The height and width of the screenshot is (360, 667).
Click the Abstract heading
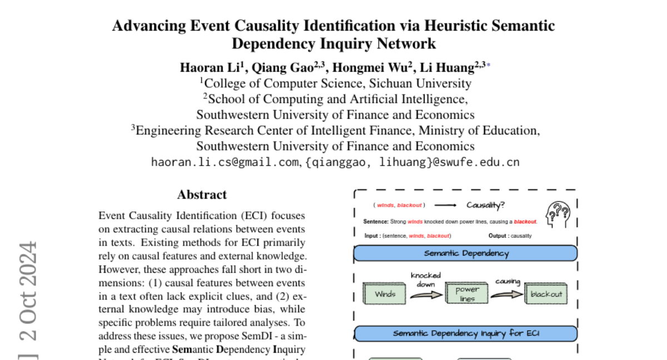(202, 195)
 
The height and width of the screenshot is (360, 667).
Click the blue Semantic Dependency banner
(466, 253)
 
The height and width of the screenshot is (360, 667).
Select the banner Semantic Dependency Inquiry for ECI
(466, 333)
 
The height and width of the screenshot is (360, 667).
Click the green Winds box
(385, 294)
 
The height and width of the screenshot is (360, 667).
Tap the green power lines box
(467, 294)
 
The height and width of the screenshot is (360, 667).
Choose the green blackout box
(546, 294)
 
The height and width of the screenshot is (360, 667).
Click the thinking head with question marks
(558, 214)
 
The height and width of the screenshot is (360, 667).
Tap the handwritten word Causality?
(485, 205)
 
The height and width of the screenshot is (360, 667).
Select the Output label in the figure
(497, 236)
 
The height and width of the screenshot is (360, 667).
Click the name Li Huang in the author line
(453, 68)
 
